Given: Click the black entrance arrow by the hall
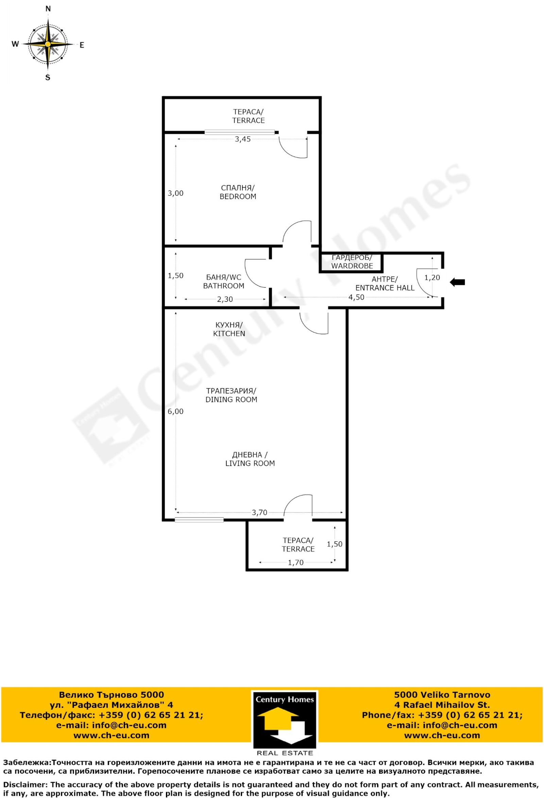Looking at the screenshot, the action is pyautogui.click(x=457, y=282).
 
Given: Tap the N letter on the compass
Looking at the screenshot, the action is pyautogui.click(x=48, y=9).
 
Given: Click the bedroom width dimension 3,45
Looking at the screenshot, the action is pyautogui.click(x=243, y=139).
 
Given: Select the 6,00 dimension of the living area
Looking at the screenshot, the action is pyautogui.click(x=175, y=412).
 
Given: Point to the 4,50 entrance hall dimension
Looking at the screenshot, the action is pyautogui.click(x=356, y=298).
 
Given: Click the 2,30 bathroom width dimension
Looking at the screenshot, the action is pyautogui.click(x=225, y=300).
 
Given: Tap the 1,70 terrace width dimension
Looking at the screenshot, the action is pyautogui.click(x=296, y=563).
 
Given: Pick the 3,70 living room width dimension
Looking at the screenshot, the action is pyautogui.click(x=259, y=513).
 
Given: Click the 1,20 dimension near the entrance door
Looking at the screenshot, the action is pyautogui.click(x=432, y=277).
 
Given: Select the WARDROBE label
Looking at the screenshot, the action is pyautogui.click(x=352, y=266).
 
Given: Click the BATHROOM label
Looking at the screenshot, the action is pyautogui.click(x=224, y=286).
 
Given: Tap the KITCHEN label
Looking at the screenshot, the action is pyautogui.click(x=229, y=334).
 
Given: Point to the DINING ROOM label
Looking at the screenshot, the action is pyautogui.click(x=231, y=400).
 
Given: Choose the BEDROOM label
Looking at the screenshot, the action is pyautogui.click(x=238, y=197).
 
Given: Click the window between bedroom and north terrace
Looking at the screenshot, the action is pyautogui.click(x=240, y=132).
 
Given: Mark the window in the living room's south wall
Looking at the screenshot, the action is pyautogui.click(x=199, y=520).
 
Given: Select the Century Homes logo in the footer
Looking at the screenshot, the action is pyautogui.click(x=285, y=724).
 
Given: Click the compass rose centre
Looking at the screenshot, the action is pyautogui.click(x=48, y=44).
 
